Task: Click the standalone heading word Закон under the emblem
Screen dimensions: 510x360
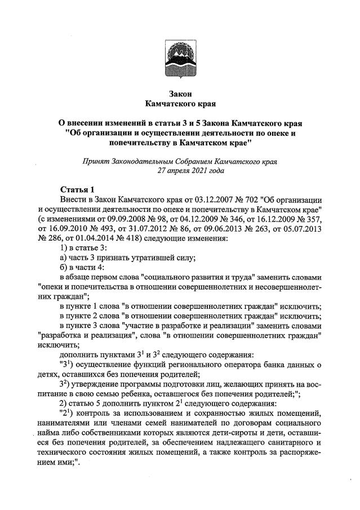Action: point(180,94)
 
